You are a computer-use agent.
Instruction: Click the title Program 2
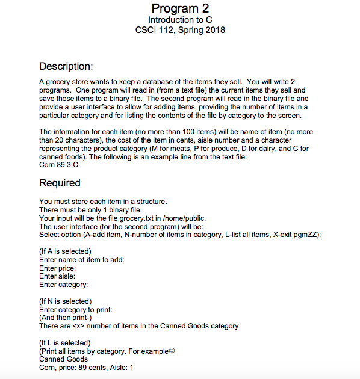[180, 8]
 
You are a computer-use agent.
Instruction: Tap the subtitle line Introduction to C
[180, 20]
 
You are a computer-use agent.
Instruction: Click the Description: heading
[66, 66]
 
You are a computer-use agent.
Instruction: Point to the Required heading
[60, 183]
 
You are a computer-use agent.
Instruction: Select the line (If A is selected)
[65, 251]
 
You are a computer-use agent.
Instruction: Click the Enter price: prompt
[57, 268]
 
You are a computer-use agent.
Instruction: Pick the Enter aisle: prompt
[57, 276]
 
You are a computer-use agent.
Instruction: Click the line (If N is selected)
[65, 301]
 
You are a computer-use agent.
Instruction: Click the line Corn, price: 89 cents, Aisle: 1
[86, 368]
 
